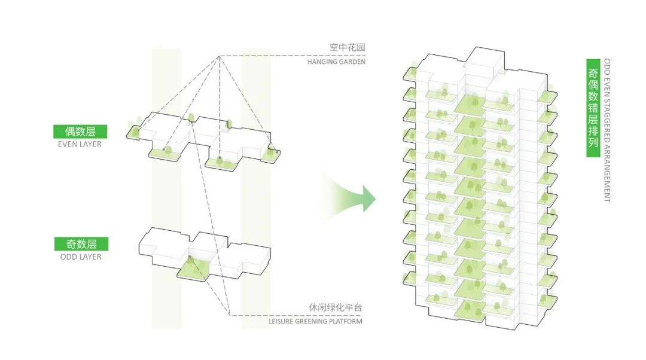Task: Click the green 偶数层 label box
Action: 80,132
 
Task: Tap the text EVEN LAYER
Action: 80,144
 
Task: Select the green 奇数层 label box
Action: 81,244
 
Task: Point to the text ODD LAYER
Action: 81,257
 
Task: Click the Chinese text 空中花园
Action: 348,47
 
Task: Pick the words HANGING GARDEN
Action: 336,62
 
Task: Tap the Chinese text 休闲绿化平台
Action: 336,307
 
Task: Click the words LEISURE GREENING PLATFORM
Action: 316,321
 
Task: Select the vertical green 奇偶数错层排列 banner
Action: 593,108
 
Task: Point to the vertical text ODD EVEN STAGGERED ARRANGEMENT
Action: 607,130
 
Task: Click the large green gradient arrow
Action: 350,199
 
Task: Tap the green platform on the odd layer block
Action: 194,270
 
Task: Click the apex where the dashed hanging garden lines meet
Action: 219,56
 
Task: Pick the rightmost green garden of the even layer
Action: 273,152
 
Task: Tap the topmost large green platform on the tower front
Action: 470,104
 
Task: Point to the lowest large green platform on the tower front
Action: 470,310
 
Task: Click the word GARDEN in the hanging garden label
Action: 352,62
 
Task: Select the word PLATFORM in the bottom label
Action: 347,321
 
